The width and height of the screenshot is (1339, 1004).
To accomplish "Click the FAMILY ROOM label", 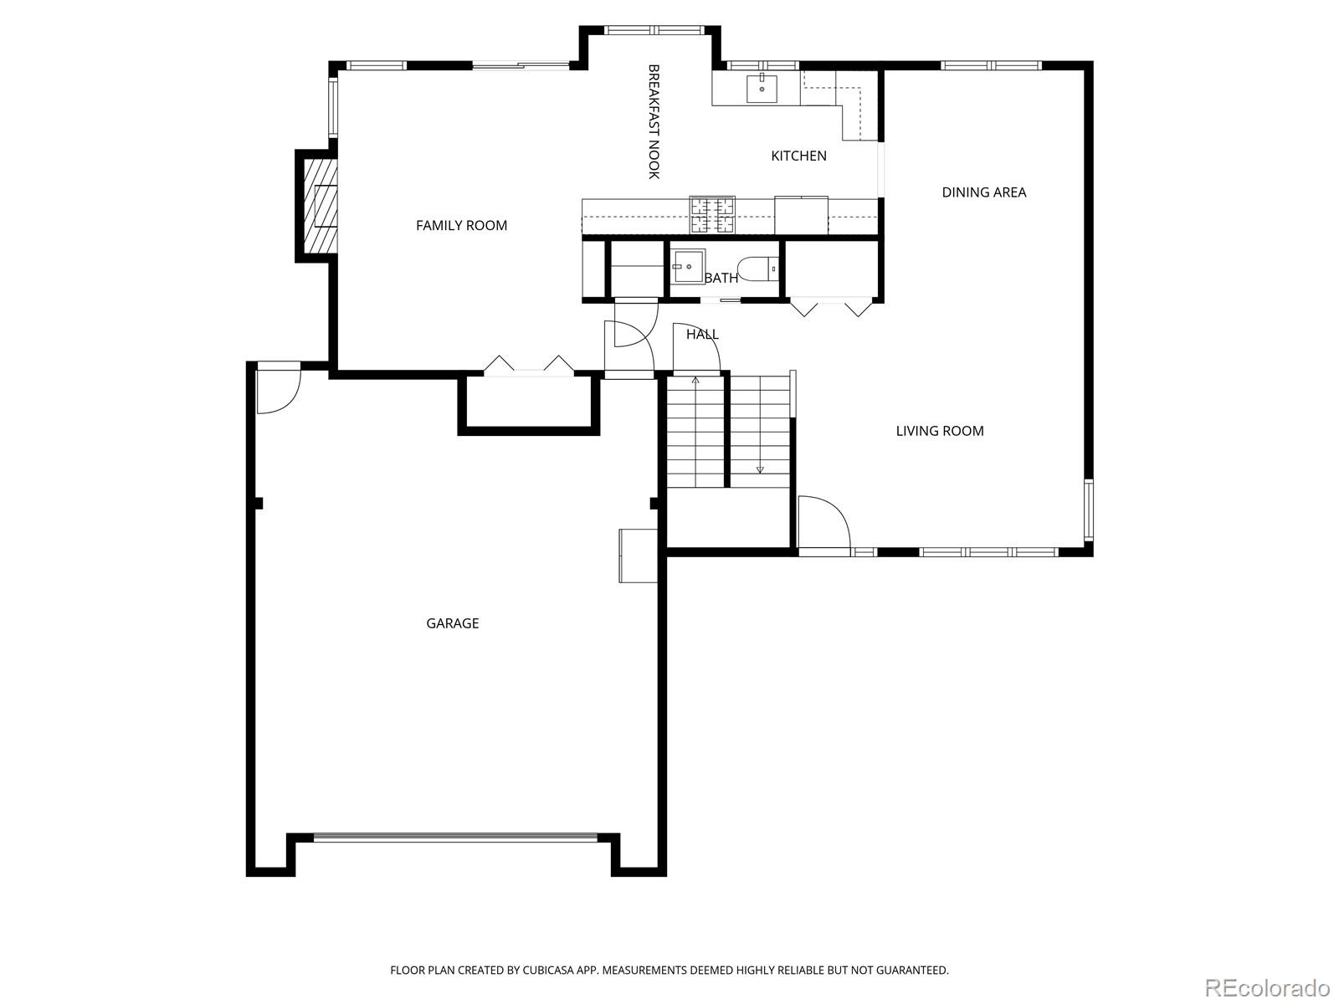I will click(x=461, y=225).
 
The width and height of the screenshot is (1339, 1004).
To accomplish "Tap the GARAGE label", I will click(x=452, y=623).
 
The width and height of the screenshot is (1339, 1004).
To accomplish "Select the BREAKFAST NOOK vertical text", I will click(x=654, y=121).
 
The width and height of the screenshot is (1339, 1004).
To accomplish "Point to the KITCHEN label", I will click(x=798, y=156).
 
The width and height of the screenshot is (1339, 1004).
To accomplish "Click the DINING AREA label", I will click(x=983, y=192).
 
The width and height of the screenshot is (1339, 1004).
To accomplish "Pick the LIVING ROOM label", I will click(x=939, y=431).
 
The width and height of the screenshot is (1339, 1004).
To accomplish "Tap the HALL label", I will click(x=702, y=335).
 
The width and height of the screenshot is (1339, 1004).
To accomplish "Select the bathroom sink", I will click(x=687, y=267).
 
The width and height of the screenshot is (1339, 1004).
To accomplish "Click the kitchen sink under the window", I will click(x=762, y=88).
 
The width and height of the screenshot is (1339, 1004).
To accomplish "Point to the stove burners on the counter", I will click(x=711, y=215).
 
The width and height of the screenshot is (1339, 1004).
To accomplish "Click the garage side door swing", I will click(x=278, y=389).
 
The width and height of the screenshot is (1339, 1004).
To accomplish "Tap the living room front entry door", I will click(x=823, y=524).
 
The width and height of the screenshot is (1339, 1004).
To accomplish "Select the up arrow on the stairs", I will click(x=695, y=381).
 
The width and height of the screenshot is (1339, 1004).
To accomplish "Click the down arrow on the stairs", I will click(x=760, y=469).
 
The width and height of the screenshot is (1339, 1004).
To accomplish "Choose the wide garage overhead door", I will click(x=455, y=837).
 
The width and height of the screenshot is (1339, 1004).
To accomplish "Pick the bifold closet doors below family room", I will click(x=529, y=366).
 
